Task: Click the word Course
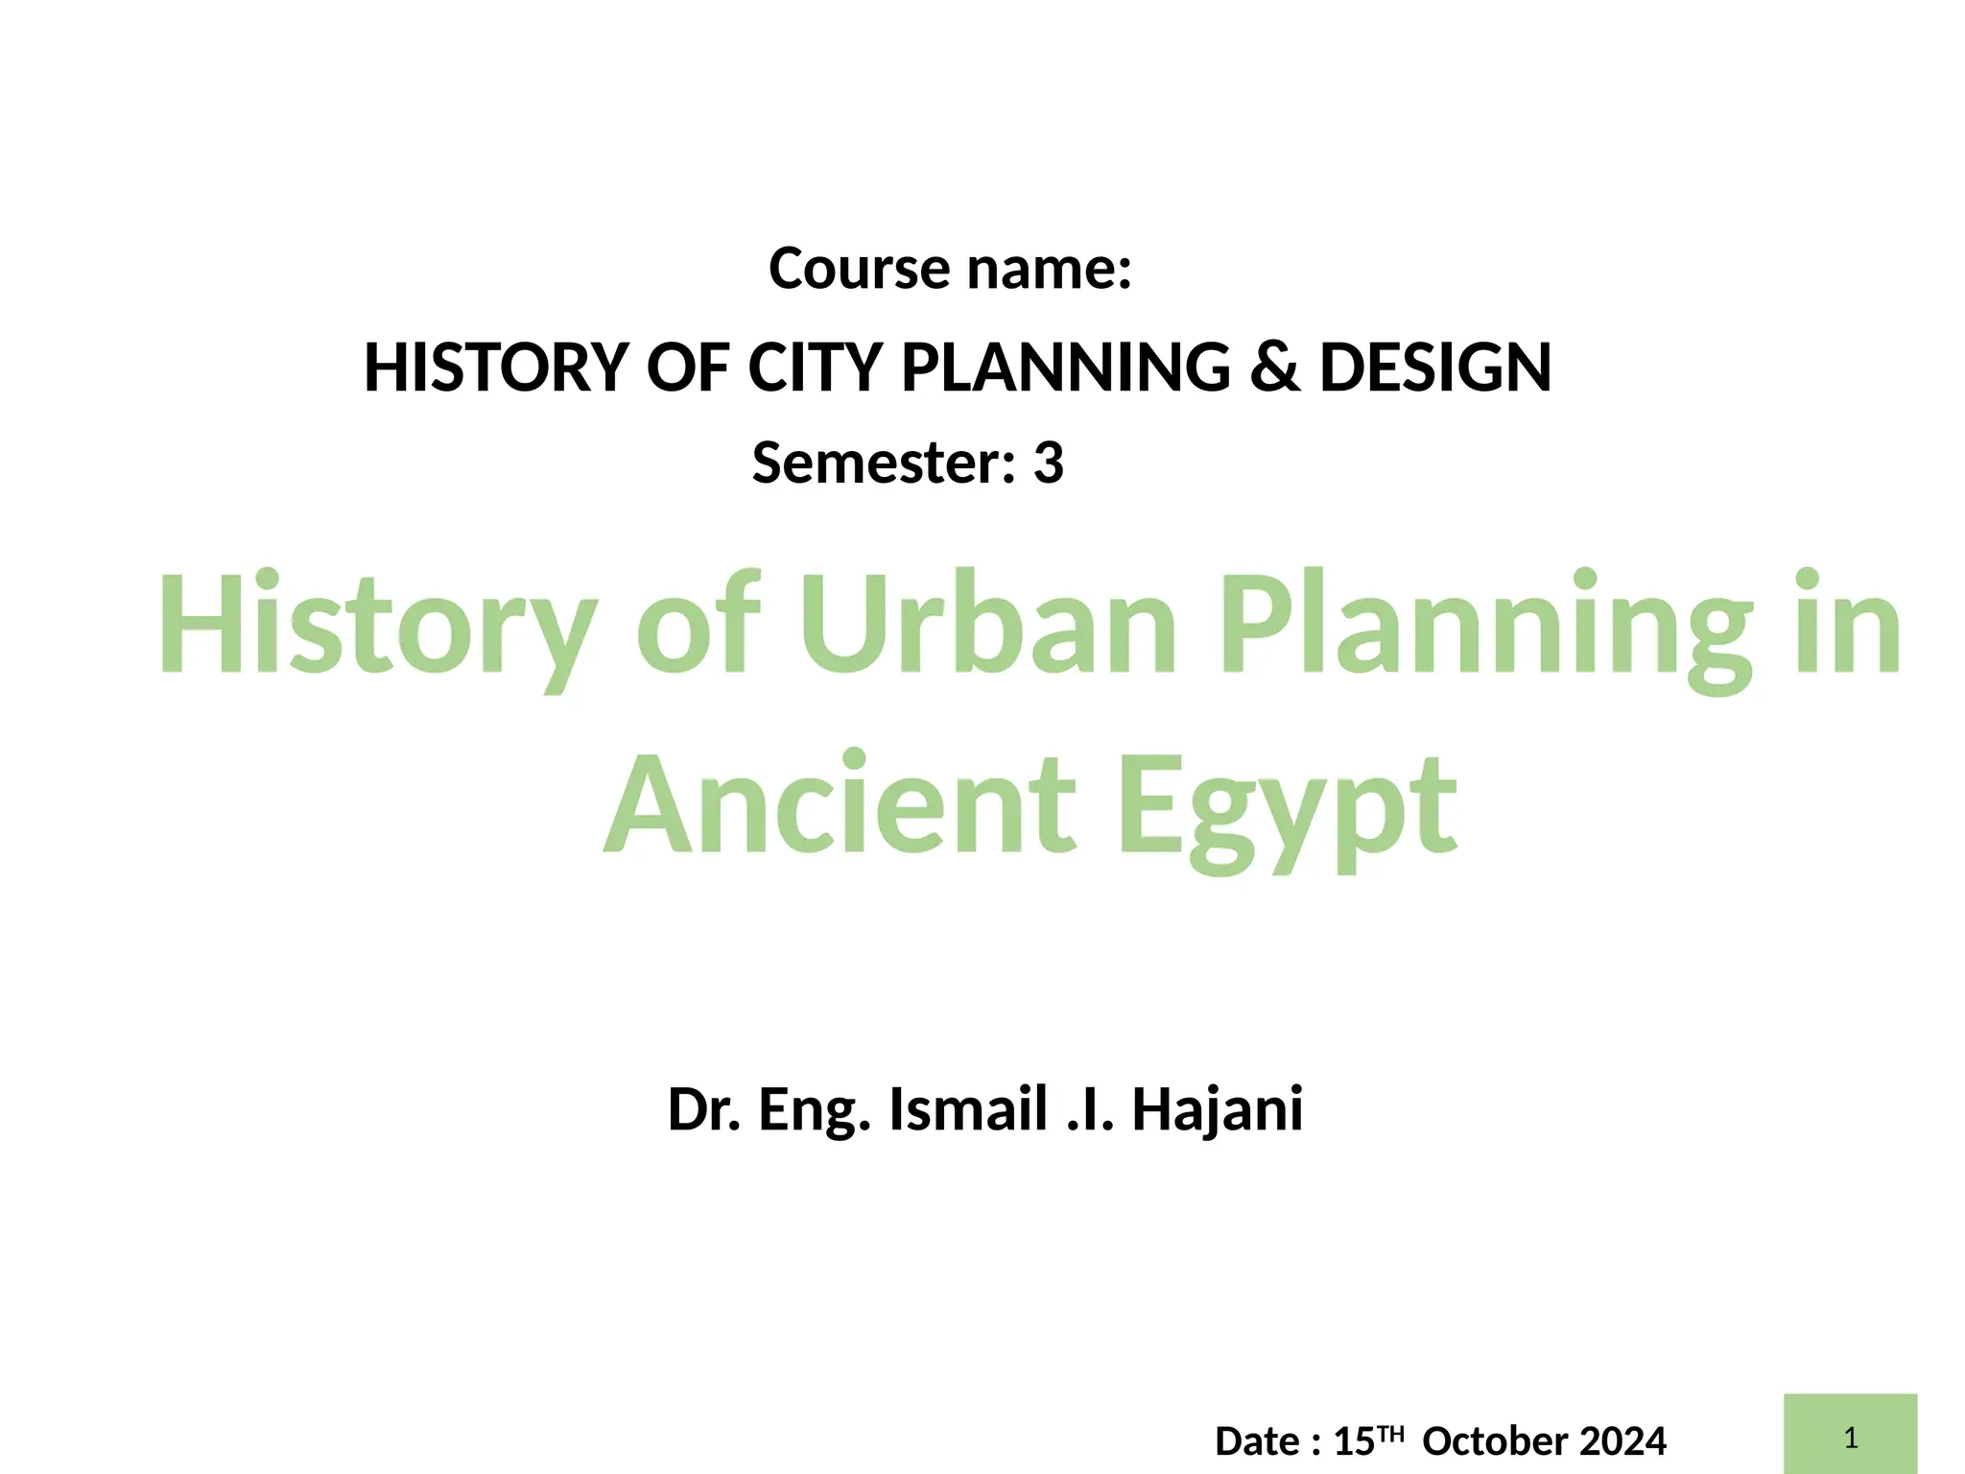[x=860, y=269]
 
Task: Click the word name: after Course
[x=1050, y=269]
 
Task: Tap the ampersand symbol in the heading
[x=1274, y=368]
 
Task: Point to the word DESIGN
[x=1435, y=368]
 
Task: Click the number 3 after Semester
[x=1048, y=464]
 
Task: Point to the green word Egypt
[x=1288, y=811]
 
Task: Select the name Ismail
[x=967, y=1110]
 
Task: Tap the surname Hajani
[x=1217, y=1110]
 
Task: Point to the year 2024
[x=1622, y=1441]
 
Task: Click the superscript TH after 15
[x=1390, y=1435]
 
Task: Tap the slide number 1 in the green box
[x=1850, y=1438]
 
